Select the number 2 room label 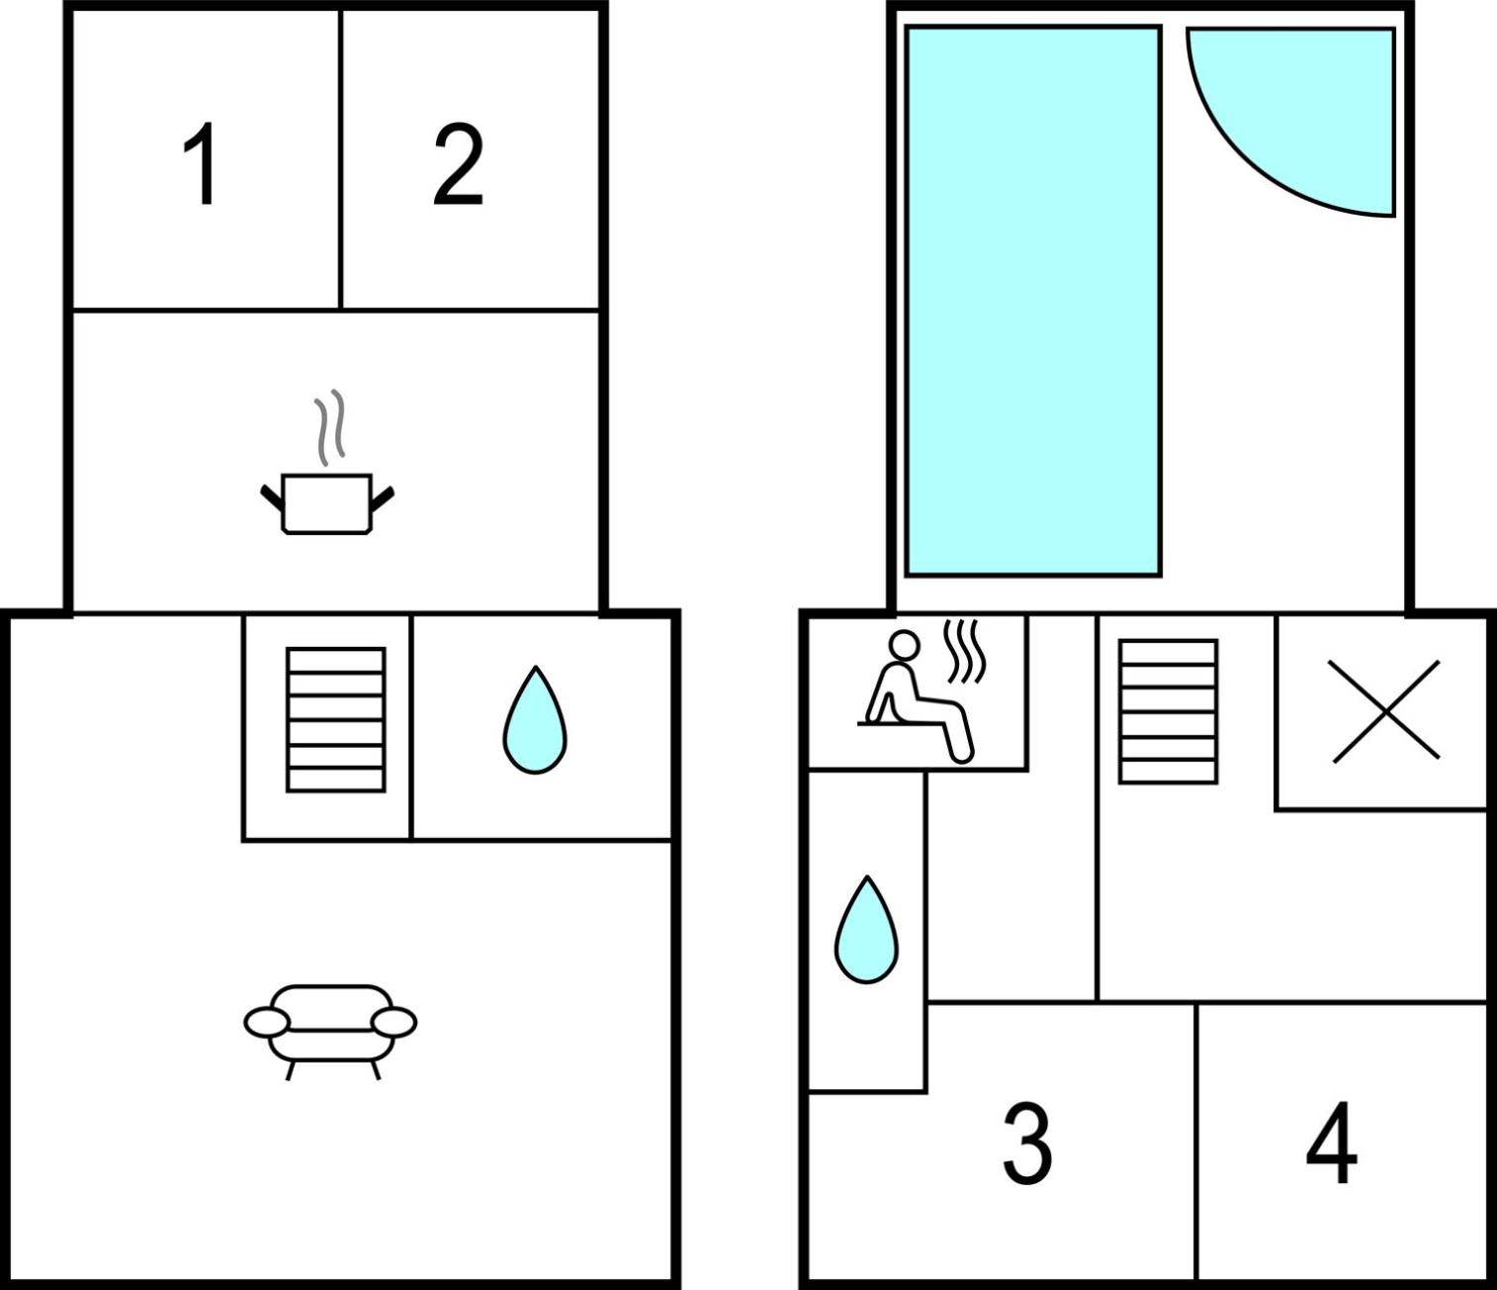459,164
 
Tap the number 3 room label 1027,1143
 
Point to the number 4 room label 1331,1143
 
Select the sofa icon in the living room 330,1032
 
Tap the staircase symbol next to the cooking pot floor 336,719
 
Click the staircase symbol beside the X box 1168,711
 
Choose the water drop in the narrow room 866,930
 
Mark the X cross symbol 1386,711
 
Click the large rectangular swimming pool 1033,302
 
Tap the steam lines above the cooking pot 329,427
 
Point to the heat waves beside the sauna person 964,651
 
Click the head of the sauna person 905,644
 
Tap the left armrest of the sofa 267,1023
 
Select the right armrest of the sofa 394,1023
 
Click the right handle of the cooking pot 383,497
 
